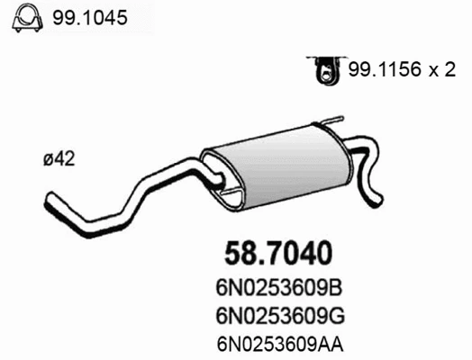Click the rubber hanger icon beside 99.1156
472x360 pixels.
[x=323, y=69]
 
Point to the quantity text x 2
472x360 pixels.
[x=439, y=70]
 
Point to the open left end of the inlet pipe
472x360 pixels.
[x=50, y=196]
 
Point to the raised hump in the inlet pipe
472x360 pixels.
[x=171, y=171]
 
